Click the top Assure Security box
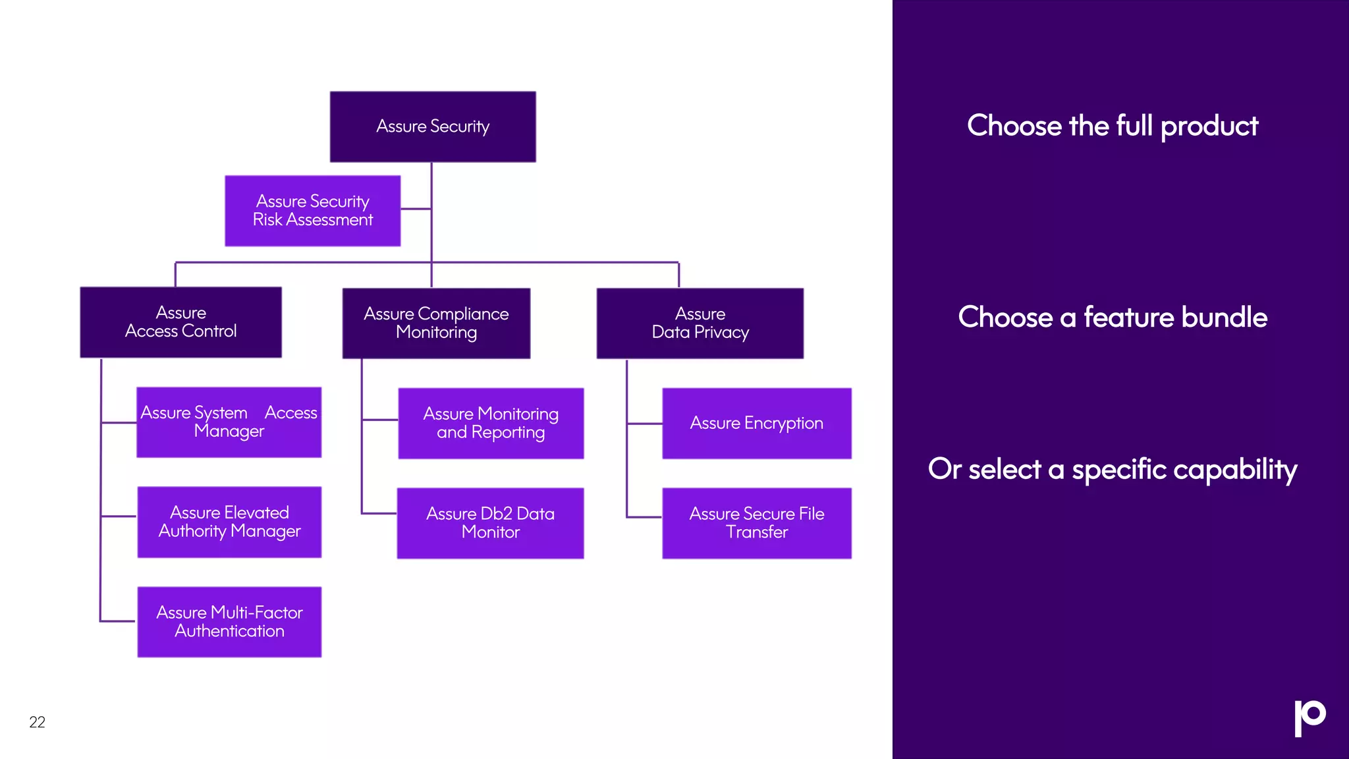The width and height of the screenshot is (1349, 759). [x=433, y=126]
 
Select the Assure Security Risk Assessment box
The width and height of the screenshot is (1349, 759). [x=313, y=211]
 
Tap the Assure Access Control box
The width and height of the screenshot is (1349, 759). [x=181, y=322]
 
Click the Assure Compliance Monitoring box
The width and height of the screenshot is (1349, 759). [x=436, y=323]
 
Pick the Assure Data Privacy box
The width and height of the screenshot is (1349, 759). [x=700, y=323]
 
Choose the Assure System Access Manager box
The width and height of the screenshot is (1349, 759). [x=229, y=422]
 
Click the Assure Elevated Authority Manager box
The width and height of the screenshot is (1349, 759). [x=229, y=522]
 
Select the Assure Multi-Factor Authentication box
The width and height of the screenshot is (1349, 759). [x=229, y=621]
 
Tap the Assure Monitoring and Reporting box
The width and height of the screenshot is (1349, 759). [x=491, y=423]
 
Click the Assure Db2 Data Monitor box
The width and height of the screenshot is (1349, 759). [x=490, y=523]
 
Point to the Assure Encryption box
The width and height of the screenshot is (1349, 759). [x=756, y=423]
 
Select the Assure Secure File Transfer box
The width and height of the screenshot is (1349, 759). [x=756, y=523]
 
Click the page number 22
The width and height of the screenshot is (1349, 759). [x=38, y=722]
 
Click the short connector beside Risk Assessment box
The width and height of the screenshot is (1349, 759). [x=416, y=209]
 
